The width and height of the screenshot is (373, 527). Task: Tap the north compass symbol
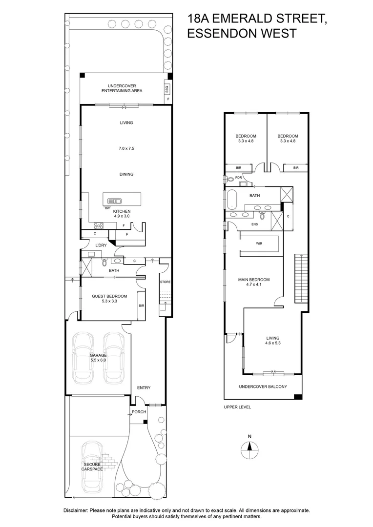pos(249,446)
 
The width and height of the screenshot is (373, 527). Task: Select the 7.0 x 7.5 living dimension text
pos(126,148)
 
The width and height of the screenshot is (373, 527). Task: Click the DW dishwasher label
pos(107,208)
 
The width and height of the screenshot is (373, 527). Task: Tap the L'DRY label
pos(101,245)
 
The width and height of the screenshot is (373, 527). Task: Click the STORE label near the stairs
pos(166,282)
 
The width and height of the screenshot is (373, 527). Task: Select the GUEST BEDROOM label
pos(109,296)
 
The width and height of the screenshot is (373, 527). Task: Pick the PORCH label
pos(139,412)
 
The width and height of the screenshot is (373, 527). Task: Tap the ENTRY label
pos(144,388)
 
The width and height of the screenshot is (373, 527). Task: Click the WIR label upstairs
pos(259,243)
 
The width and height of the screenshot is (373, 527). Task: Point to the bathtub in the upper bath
pos(232,199)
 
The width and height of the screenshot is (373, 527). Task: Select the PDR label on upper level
pos(239,178)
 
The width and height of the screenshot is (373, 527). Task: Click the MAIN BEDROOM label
pos(253,280)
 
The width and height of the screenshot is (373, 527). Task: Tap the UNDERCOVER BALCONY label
pos(263,386)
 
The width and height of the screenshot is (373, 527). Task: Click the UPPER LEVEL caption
pos(237,407)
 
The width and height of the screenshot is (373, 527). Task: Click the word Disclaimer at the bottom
pos(75,510)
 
